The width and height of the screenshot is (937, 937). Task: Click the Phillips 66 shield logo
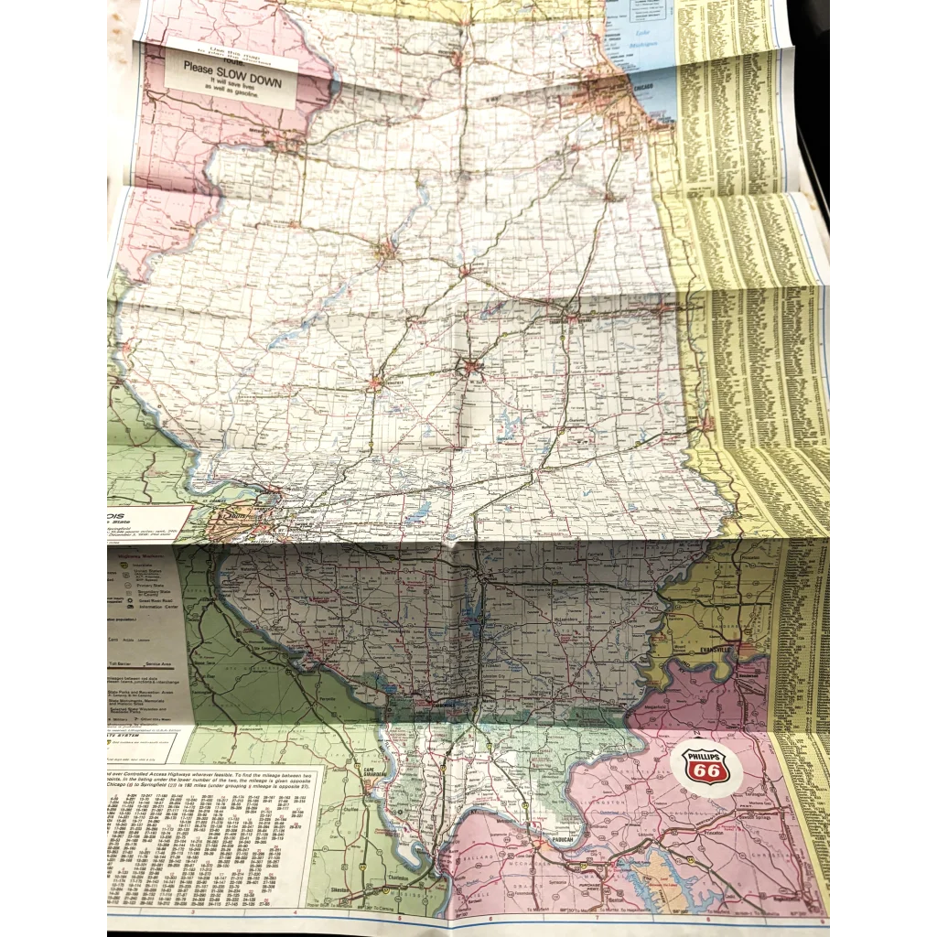click(705, 768)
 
